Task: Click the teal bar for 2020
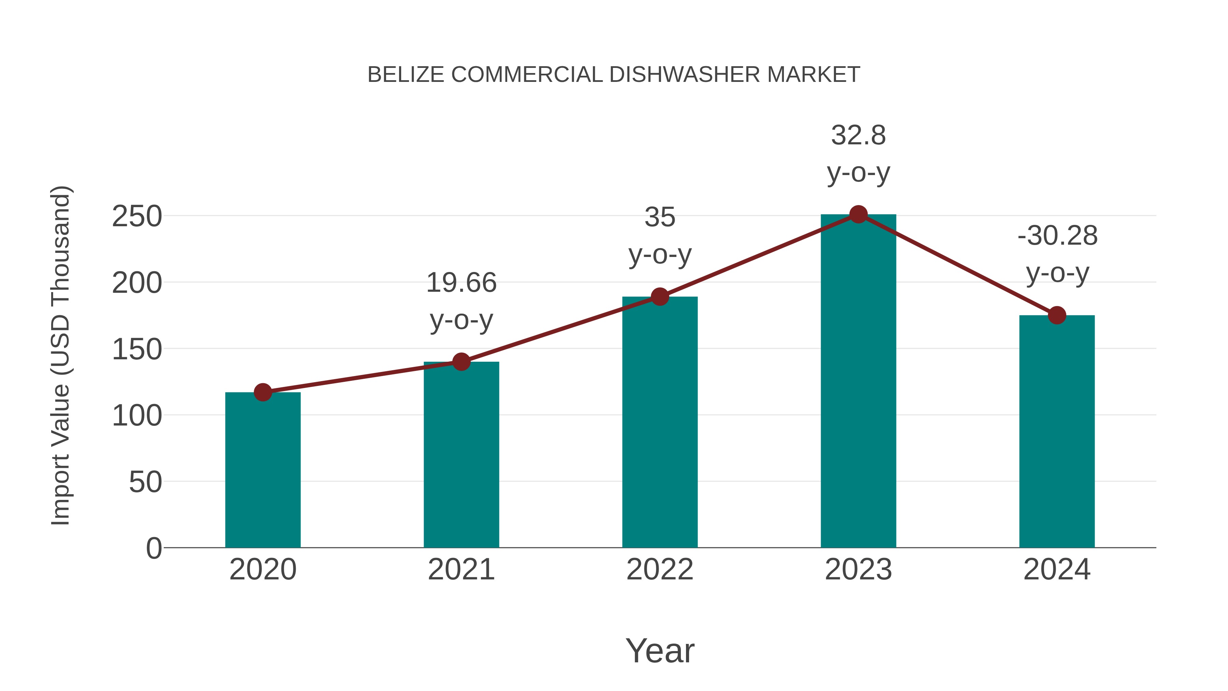[x=263, y=470]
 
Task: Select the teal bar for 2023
[x=858, y=382]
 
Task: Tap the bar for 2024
[x=1057, y=432]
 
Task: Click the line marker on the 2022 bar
[x=660, y=297]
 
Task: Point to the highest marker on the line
[x=858, y=215]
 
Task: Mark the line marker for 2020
[x=263, y=392]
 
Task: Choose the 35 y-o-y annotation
[x=660, y=235]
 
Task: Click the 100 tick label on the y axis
[x=137, y=416]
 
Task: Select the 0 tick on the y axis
[x=153, y=548]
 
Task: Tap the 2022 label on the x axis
[x=660, y=570]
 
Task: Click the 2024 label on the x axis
[x=1057, y=570]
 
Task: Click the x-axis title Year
[x=660, y=650]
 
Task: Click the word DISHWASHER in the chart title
[x=685, y=75]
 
